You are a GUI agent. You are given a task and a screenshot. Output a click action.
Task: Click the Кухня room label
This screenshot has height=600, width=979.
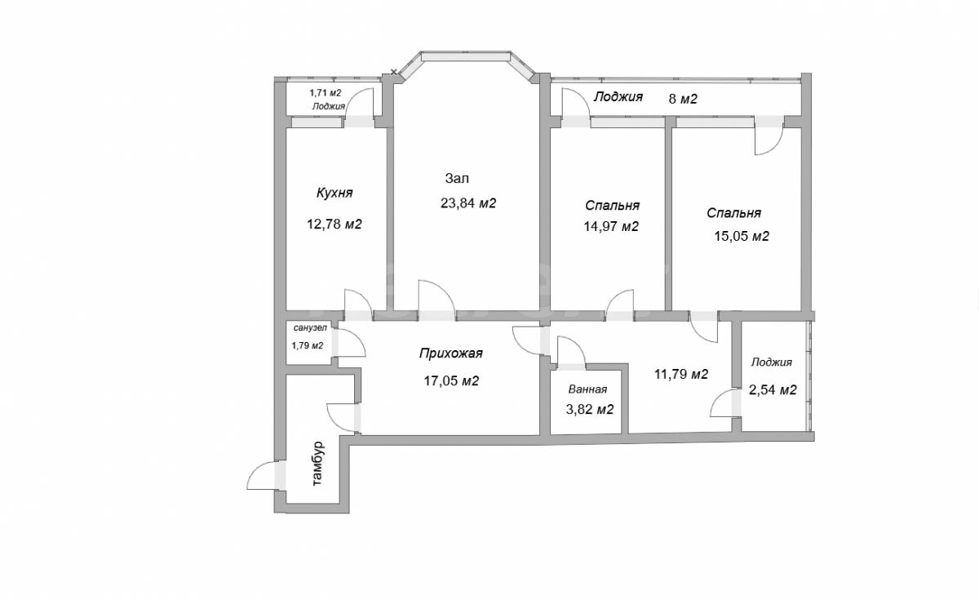(334, 193)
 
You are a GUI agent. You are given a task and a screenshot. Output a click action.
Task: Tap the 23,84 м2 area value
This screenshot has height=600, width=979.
(468, 203)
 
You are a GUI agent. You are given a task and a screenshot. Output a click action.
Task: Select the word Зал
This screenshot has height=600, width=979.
(457, 178)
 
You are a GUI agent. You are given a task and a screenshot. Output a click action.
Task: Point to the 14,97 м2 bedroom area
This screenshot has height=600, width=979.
(611, 227)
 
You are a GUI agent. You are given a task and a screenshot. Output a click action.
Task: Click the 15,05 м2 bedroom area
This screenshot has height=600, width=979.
(742, 236)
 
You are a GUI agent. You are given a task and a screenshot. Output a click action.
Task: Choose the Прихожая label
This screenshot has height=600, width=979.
(450, 353)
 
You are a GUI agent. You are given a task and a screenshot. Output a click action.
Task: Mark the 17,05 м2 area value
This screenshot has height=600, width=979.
(451, 381)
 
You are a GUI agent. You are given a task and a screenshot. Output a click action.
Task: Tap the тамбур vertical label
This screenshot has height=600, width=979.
(318, 464)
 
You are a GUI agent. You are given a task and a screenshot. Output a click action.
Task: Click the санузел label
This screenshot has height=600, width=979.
(310, 328)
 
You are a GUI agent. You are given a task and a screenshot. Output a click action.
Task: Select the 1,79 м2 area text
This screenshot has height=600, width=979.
(308, 345)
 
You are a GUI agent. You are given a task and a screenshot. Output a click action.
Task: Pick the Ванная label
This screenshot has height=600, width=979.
(587, 389)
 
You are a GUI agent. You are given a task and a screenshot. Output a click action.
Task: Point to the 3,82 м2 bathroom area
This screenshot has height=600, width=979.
(590, 409)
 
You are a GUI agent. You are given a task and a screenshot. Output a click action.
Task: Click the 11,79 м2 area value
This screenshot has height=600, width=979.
(681, 375)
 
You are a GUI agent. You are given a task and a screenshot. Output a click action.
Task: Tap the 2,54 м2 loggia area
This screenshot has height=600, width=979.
(773, 389)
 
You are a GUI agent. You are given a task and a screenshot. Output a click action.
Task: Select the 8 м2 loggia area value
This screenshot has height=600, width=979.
(683, 100)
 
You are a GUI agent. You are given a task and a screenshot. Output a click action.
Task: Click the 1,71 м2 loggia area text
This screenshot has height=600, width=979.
(326, 93)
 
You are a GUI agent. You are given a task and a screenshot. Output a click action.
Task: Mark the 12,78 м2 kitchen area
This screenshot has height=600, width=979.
(334, 224)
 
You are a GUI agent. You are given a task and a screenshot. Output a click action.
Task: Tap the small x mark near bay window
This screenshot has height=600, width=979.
(394, 72)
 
